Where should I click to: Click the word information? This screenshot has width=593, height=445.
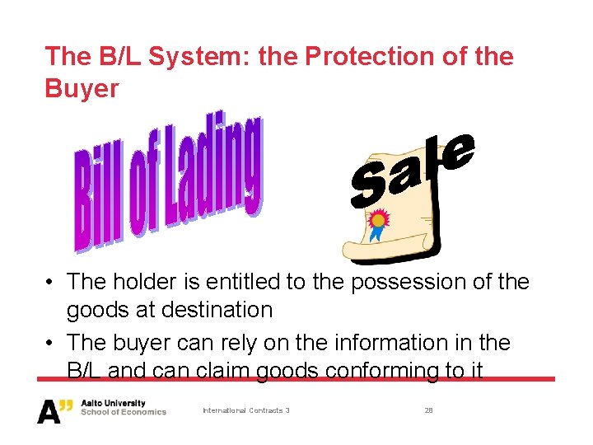point(387,342)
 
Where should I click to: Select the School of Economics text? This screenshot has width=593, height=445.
point(124,412)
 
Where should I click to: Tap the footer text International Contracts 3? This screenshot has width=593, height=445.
point(245,410)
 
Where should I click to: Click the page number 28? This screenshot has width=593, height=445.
point(428,410)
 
